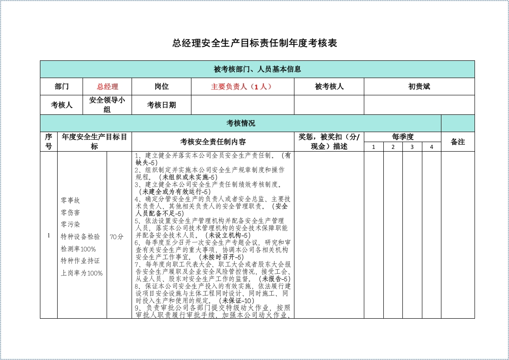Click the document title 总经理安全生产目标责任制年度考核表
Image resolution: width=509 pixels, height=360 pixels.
coord(254,44)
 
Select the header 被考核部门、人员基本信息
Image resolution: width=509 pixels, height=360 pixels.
coord(257,69)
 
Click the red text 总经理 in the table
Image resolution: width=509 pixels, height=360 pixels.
coord(107,87)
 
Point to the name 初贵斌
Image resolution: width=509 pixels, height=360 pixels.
coord(419,87)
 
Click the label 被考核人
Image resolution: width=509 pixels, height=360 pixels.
coord(329,87)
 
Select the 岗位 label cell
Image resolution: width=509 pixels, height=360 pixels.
coord(161,87)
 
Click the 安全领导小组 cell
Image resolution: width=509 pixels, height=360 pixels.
coord(107,105)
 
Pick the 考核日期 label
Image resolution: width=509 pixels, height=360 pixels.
coord(161,105)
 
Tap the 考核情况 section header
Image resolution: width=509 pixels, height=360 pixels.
coord(240,123)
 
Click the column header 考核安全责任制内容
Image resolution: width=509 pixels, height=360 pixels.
coord(213,142)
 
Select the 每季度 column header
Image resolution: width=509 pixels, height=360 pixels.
coord(402,137)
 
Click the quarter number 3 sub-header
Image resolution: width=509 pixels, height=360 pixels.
coord(412,147)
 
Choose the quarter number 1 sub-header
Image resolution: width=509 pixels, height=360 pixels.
coord(373,147)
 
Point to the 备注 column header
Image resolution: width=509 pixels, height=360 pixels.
coord(457,142)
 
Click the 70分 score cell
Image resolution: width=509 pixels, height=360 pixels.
coord(117,237)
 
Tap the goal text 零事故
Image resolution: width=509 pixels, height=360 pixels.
coord(70,200)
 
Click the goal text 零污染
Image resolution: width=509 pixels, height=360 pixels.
coord(70,224)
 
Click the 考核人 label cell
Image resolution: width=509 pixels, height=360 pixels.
coord(61,105)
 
